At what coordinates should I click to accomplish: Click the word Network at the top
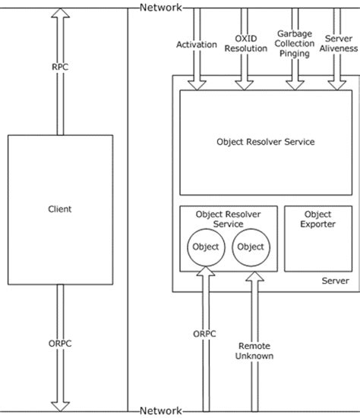coord(160,8)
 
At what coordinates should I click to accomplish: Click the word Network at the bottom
coord(160,410)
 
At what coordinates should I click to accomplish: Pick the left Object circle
coord(205,247)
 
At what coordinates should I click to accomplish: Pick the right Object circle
coord(250,247)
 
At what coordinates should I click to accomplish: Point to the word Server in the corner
coord(334,281)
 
